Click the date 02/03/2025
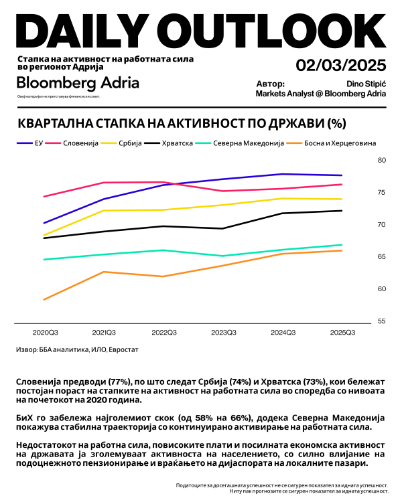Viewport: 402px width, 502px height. pos(341,66)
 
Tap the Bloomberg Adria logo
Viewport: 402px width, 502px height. pos(78,83)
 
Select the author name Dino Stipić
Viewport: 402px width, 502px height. pos(366,84)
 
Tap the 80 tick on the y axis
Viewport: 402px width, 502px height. pos(383,161)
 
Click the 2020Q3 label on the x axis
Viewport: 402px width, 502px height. pos(44,333)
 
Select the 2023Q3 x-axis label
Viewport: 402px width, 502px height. pos(223,333)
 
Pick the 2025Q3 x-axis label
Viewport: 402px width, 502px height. pos(342,333)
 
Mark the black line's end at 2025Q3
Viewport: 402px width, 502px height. pos(342,211)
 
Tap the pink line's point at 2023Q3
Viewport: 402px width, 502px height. pos(223,191)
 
